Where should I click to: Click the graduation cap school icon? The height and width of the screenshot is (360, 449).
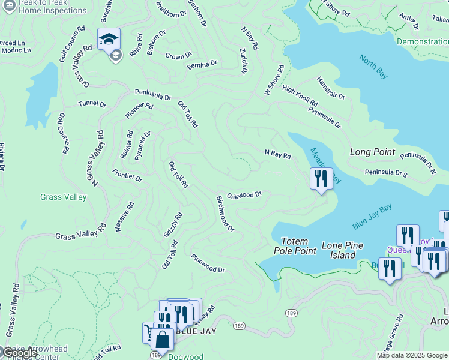point(109,40)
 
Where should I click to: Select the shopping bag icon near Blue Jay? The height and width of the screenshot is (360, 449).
point(163,339)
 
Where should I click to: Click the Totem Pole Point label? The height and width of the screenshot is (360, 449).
point(295,246)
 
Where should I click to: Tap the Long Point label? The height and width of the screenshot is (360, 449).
point(372,152)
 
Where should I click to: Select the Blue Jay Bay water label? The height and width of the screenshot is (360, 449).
point(372,216)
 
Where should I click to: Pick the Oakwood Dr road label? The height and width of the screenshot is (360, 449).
point(244,194)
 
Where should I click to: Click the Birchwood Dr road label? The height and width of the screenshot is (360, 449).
point(225,213)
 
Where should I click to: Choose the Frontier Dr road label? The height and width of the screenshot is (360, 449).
point(127,175)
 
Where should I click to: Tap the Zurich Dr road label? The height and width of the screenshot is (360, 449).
point(244,62)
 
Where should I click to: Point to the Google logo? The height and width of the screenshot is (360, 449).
point(19,353)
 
